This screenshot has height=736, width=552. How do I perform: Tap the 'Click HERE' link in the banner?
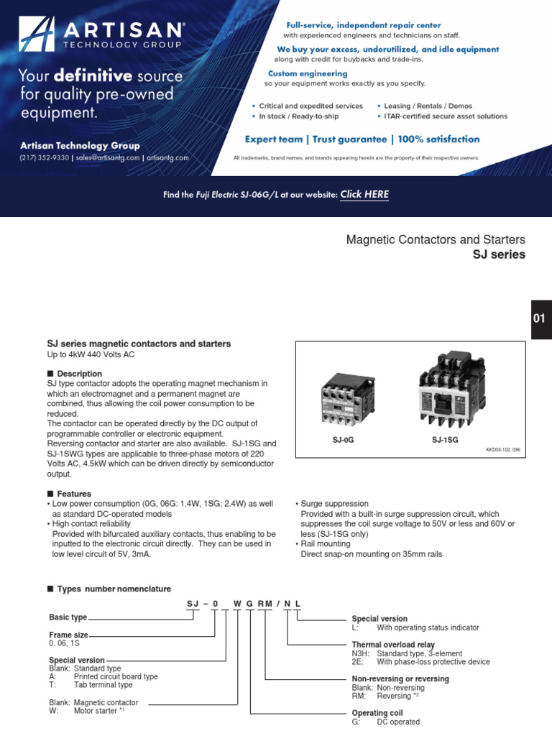(x=364, y=194)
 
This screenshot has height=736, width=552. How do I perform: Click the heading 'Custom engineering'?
(x=308, y=73)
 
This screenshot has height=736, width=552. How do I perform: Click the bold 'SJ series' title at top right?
(x=499, y=254)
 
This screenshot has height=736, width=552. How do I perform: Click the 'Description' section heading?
(x=79, y=374)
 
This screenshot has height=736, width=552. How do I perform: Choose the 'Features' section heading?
(x=74, y=494)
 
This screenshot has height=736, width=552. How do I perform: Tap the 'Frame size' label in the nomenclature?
(x=69, y=635)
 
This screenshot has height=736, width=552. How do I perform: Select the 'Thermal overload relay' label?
(x=392, y=645)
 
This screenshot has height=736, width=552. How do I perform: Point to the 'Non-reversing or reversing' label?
(x=400, y=678)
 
